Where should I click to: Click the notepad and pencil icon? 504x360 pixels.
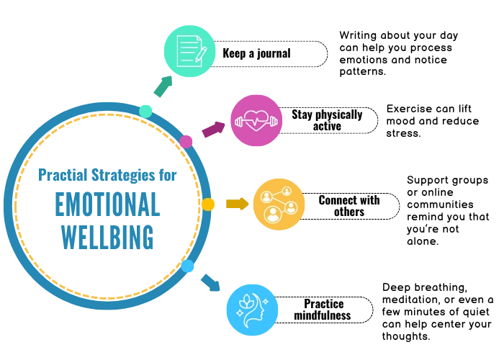[189, 50]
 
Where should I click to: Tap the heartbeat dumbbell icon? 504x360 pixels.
[257, 120]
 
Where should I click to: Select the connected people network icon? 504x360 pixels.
[278, 204]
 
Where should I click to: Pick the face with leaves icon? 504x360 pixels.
[251, 310]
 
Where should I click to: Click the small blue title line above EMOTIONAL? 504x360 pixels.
[105, 174]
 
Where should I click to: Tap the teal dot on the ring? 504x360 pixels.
[146, 111]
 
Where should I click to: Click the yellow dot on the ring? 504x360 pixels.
[209, 204]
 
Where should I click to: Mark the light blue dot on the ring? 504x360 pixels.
[188, 267]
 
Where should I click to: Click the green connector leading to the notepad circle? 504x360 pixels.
[163, 88]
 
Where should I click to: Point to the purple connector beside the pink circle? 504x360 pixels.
[214, 130]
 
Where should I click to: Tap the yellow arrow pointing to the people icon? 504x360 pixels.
[236, 204]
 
